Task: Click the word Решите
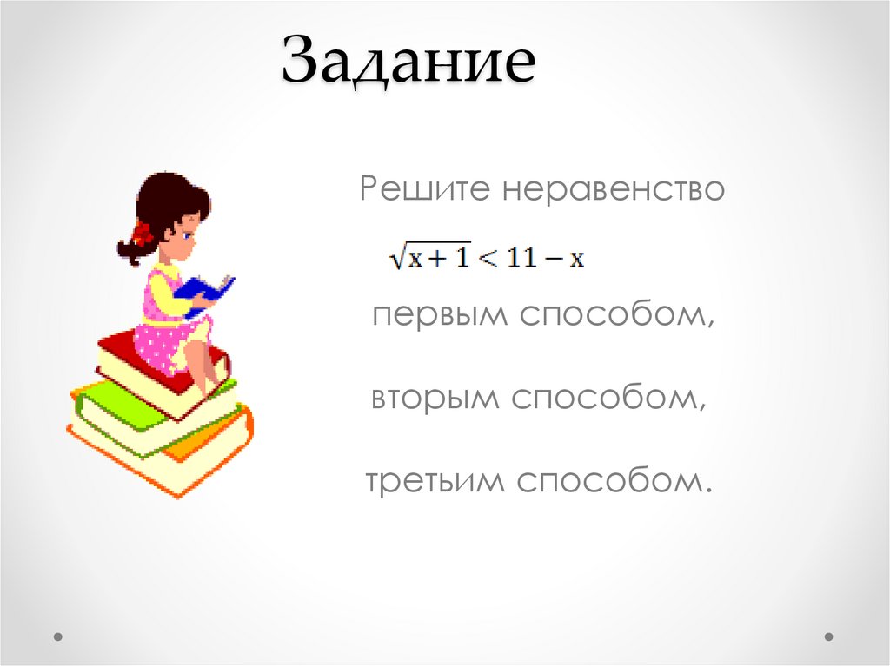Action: (421, 188)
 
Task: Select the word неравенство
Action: (612, 188)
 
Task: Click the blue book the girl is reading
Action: (205, 291)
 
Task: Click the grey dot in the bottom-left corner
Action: (58, 636)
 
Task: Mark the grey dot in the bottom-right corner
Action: (831, 636)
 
